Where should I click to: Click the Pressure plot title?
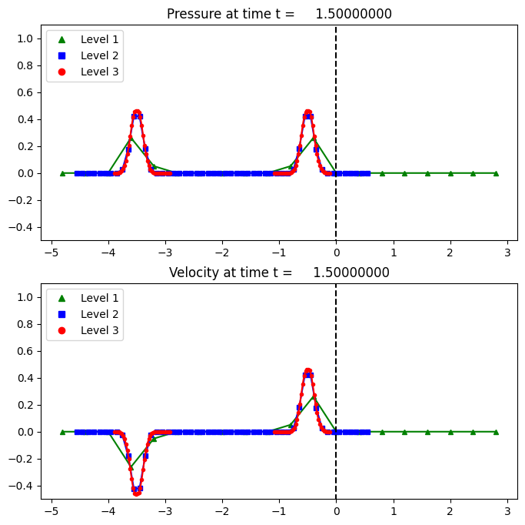click(x=278, y=14)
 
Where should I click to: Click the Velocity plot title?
click(x=279, y=273)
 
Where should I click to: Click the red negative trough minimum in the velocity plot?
click(x=137, y=492)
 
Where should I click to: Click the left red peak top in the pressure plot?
click(x=137, y=112)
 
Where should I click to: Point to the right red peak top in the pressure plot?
click(x=307, y=112)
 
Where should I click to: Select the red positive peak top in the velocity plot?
click(x=307, y=371)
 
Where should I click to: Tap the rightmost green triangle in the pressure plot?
click(x=496, y=173)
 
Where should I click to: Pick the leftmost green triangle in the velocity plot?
click(x=62, y=432)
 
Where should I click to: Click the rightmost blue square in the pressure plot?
click(x=367, y=173)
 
